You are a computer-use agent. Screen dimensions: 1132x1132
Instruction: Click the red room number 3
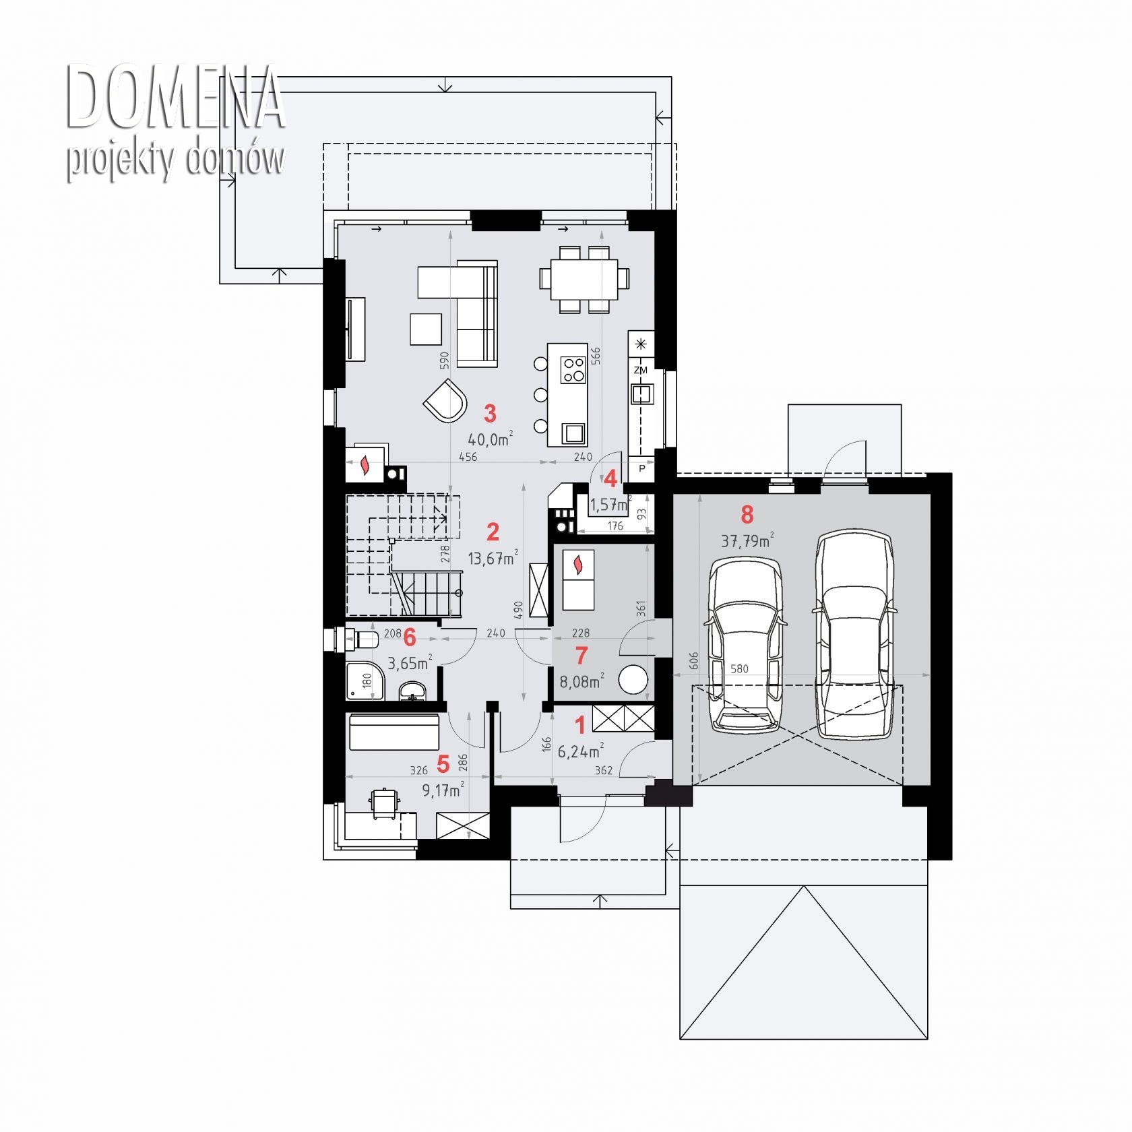pyautogui.click(x=490, y=413)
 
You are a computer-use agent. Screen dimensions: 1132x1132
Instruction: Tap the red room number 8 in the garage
pyautogui.click(x=747, y=515)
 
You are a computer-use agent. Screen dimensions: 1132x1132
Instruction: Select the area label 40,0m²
pyautogui.click(x=490, y=439)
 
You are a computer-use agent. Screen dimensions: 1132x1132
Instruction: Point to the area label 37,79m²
pyautogui.click(x=747, y=540)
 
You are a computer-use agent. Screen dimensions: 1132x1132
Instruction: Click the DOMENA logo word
pyautogui.click(x=175, y=97)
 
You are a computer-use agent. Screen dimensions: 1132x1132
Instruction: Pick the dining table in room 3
pyautogui.click(x=584, y=280)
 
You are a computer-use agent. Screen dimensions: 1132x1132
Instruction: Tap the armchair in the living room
pyautogui.click(x=445, y=400)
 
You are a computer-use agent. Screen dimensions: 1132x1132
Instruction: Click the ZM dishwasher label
pyautogui.click(x=640, y=370)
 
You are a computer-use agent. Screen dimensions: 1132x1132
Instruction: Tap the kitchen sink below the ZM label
pyautogui.click(x=641, y=393)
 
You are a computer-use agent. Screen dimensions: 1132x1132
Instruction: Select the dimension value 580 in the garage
pyautogui.click(x=739, y=668)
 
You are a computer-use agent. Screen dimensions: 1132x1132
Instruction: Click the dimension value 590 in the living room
pyautogui.click(x=444, y=360)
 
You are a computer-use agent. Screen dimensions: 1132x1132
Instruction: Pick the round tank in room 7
pyautogui.click(x=633, y=680)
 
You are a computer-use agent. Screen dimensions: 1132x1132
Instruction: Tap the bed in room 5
pyautogui.click(x=394, y=731)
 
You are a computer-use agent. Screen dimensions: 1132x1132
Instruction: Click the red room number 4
pyautogui.click(x=610, y=478)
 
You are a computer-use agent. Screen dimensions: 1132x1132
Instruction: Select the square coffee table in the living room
pyautogui.click(x=426, y=329)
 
